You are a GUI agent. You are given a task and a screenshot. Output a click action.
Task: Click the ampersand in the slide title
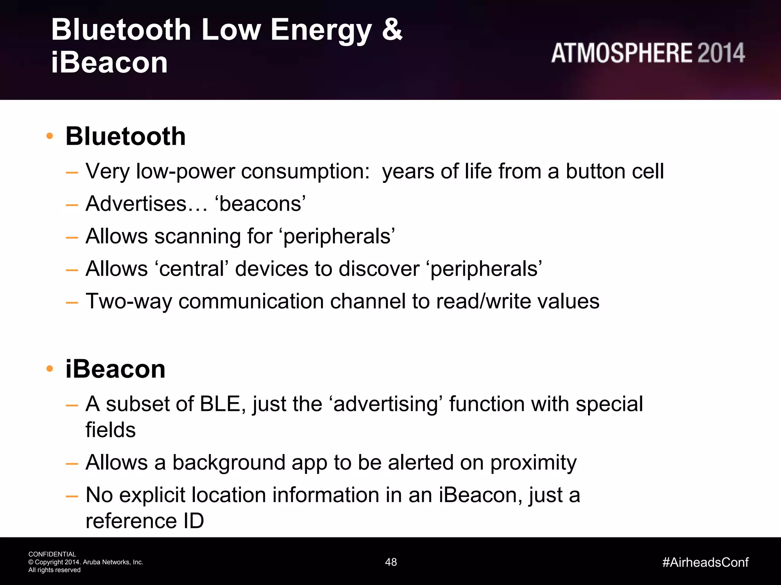click(392, 29)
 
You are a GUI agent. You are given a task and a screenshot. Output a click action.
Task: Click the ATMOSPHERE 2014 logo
click(648, 53)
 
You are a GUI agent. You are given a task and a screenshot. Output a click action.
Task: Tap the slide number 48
click(391, 562)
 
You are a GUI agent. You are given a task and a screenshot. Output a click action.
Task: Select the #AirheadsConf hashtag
click(705, 562)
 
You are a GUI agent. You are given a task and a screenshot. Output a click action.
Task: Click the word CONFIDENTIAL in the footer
click(52, 554)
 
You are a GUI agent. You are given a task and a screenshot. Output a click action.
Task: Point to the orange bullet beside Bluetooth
click(50, 136)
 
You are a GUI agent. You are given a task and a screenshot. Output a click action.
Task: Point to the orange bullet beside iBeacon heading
click(50, 369)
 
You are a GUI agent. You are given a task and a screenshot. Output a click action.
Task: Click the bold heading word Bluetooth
click(125, 136)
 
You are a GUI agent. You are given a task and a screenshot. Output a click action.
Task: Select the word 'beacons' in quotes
click(262, 204)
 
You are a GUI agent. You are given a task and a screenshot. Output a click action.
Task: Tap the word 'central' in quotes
click(191, 269)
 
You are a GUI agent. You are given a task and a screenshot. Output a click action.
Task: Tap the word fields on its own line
click(111, 430)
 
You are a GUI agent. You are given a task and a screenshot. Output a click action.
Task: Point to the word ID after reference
click(194, 521)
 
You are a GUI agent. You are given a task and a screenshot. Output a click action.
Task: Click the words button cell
click(614, 171)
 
